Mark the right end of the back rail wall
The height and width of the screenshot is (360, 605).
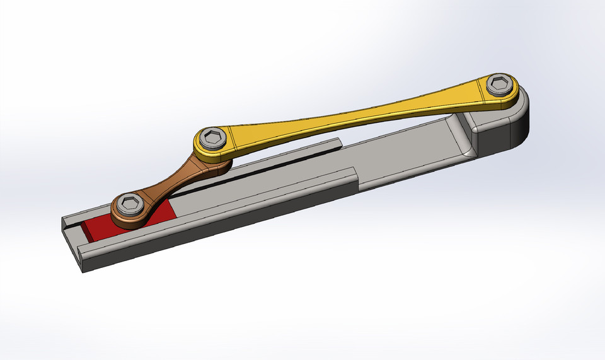tap(338, 142)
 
